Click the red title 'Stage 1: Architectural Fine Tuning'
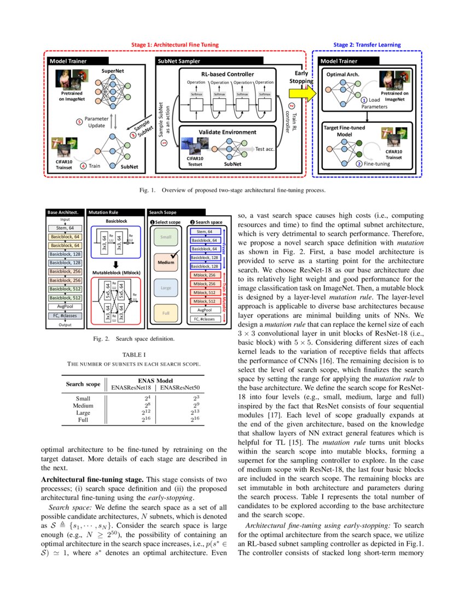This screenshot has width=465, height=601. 175,44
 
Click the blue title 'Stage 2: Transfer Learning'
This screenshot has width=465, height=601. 367,44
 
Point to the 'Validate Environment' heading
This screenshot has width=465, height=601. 227,132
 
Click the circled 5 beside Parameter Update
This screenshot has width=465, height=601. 79,122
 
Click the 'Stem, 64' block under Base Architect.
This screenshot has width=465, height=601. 65,228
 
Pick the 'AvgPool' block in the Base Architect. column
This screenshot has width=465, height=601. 65,307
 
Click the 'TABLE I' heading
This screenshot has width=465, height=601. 134,355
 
